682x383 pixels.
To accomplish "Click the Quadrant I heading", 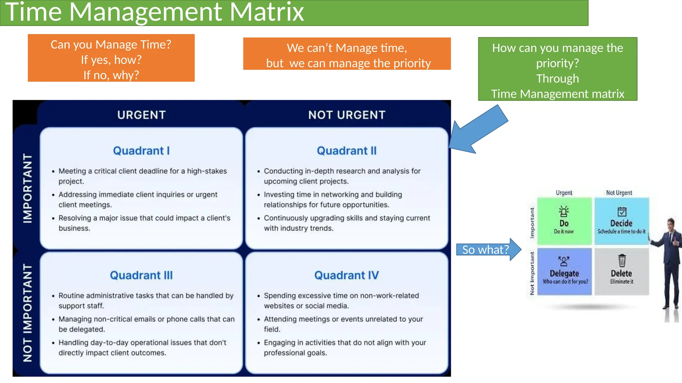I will click(141, 151).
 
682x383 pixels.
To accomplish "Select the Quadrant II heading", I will click(346, 151).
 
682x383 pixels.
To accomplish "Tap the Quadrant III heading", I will click(141, 275).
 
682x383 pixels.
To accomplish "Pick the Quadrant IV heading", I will click(346, 275).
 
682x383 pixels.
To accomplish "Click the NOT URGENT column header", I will click(346, 115).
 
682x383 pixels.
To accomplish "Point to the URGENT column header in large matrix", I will click(141, 115).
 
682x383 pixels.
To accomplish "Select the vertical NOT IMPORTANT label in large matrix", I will click(27, 313).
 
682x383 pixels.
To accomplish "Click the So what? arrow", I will click(488, 249).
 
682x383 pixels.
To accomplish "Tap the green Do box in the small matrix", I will click(564, 221).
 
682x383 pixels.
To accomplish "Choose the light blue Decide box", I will click(621, 221).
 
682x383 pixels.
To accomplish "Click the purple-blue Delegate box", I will click(564, 272).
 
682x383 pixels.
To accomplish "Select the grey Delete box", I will click(621, 272).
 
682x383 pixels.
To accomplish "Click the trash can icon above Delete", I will click(622, 261).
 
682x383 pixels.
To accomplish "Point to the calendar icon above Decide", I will click(622, 211).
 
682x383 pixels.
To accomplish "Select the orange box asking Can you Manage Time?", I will click(111, 58).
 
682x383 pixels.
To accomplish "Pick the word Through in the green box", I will click(557, 78).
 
